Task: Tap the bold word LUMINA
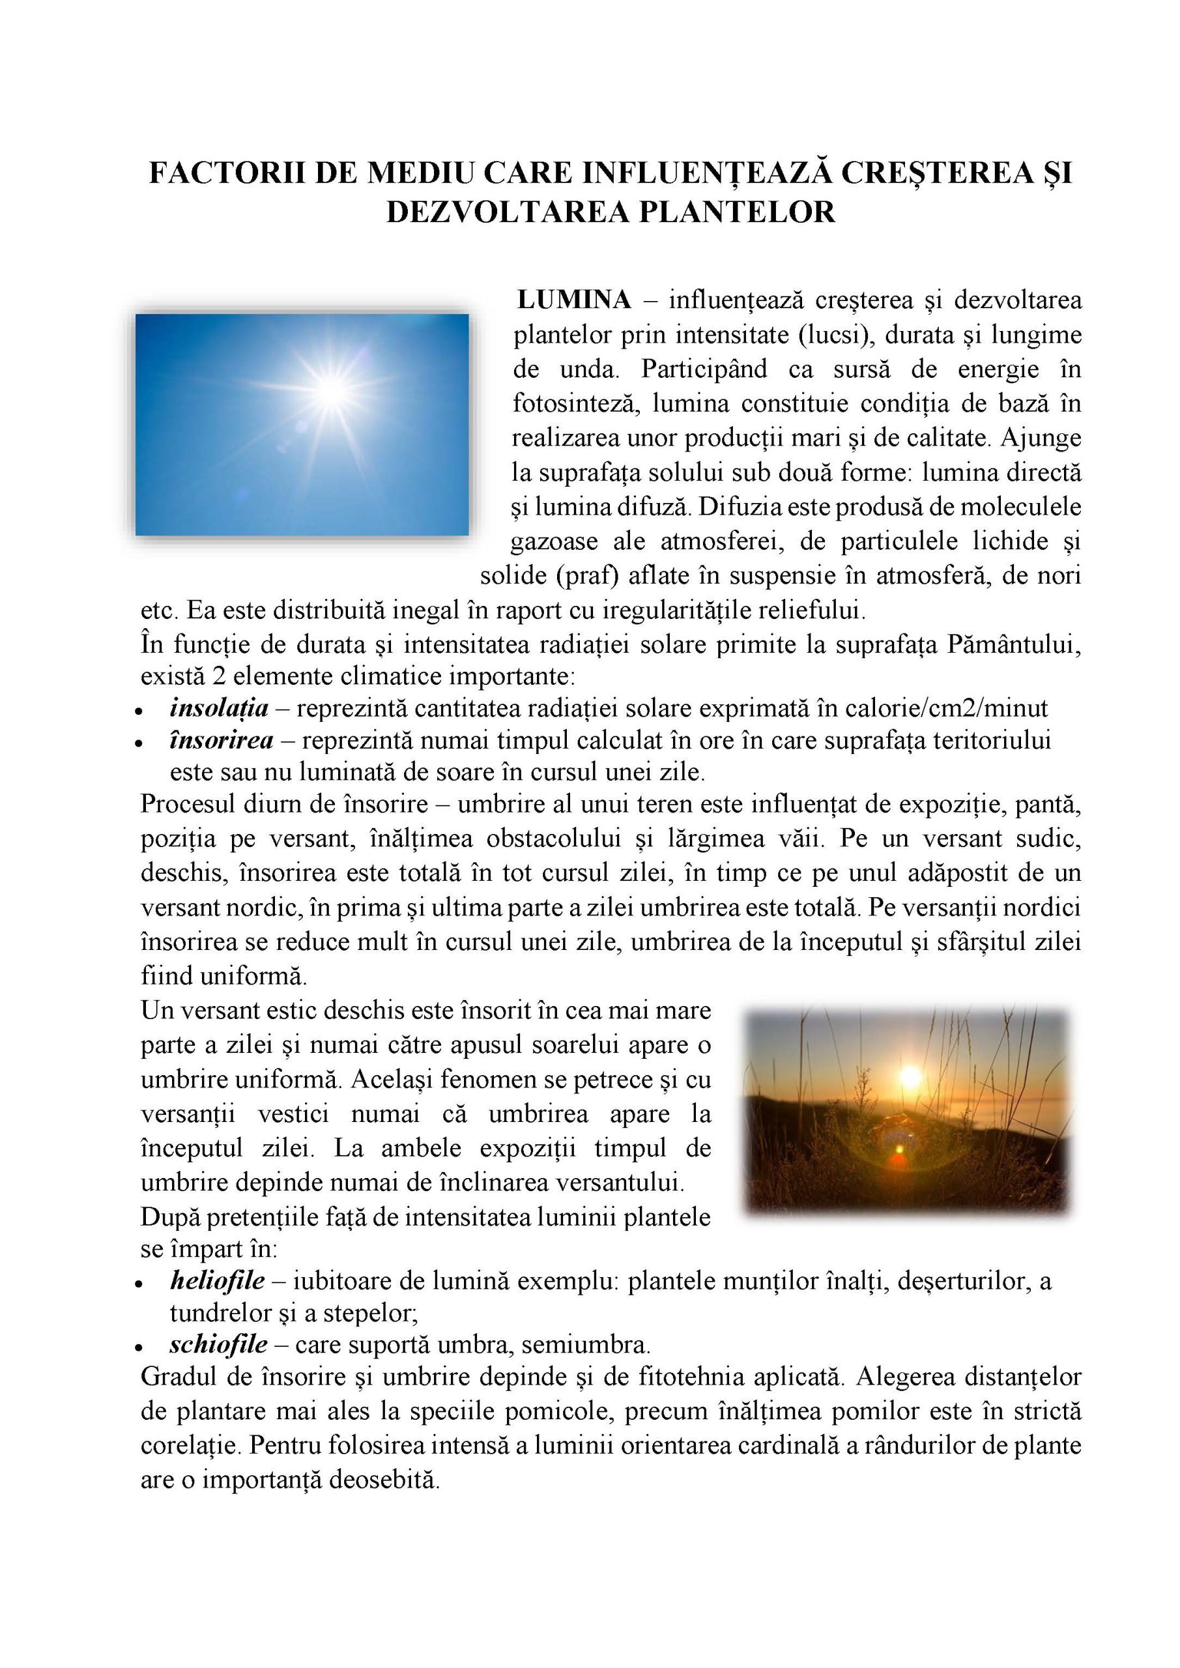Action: pyautogui.click(x=573, y=300)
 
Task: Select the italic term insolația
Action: pyautogui.click(x=219, y=708)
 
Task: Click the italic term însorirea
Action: pyautogui.click(x=221, y=740)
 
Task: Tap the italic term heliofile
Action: pyautogui.click(x=217, y=1280)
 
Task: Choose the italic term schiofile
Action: pyautogui.click(x=218, y=1345)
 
